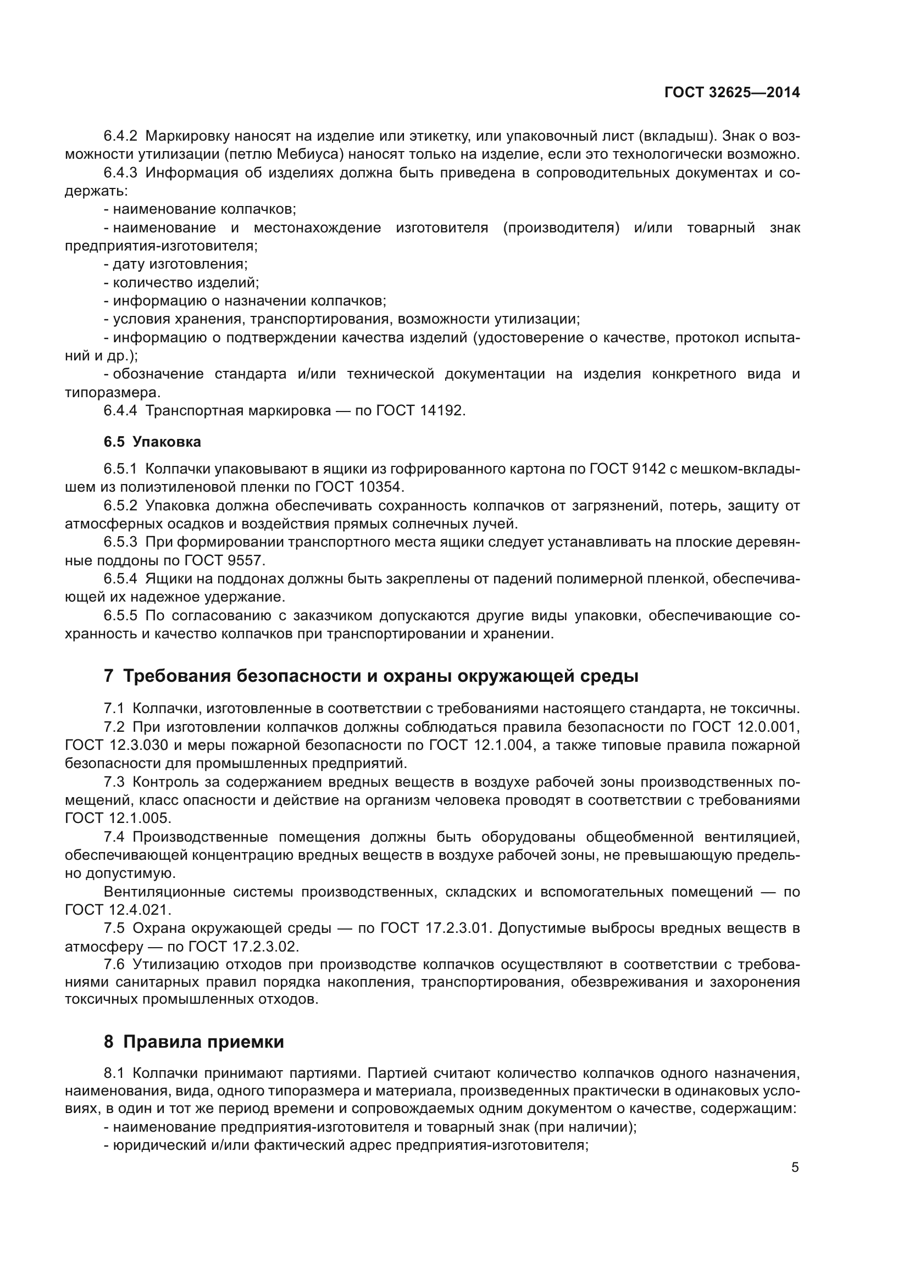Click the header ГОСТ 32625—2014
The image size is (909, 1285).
click(731, 93)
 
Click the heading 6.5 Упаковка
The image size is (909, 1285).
click(152, 442)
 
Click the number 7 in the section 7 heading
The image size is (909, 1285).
click(109, 676)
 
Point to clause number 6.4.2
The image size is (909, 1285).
click(120, 136)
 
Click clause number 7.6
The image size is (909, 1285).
click(114, 964)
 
